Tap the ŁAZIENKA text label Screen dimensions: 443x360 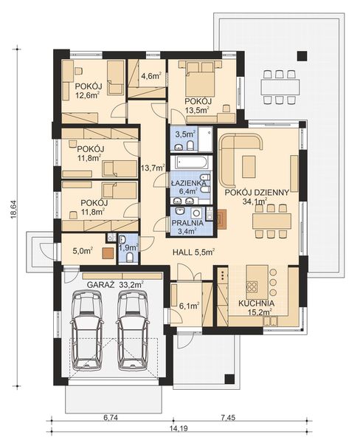(188, 181)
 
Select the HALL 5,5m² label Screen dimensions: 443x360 (193, 252)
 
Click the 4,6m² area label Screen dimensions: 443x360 (150, 75)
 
